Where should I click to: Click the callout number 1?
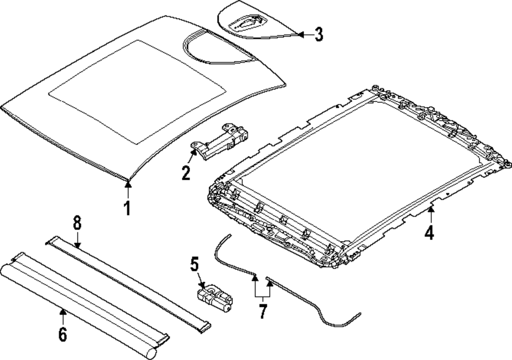pyautogui.click(x=126, y=208)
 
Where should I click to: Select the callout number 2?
pyautogui.click(x=186, y=172)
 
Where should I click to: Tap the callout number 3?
pyautogui.click(x=318, y=34)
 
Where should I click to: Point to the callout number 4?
pyautogui.click(x=429, y=233)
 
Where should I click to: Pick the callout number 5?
pyautogui.click(x=195, y=264)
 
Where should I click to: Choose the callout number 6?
pyautogui.click(x=62, y=334)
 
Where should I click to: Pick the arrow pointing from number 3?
pyautogui.click(x=303, y=34)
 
